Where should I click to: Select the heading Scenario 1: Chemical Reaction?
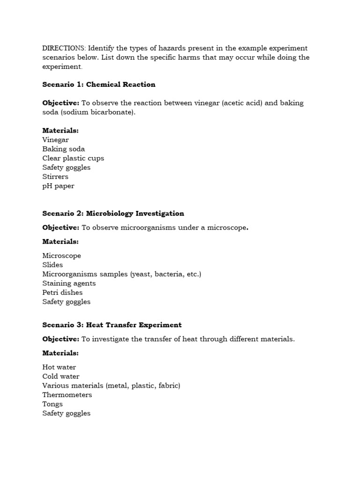98,85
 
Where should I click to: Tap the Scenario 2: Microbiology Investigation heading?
113,214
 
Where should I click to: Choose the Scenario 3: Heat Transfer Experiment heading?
112,325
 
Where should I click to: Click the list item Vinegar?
55,140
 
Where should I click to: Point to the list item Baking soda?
64,149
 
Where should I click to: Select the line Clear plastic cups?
73,158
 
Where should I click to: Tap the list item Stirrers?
55,177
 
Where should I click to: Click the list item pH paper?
58,186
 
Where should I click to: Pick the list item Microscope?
61,256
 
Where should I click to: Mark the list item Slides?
52,265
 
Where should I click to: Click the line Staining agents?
69,284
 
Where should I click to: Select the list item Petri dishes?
62,292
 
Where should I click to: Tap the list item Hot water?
59,367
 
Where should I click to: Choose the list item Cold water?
61,376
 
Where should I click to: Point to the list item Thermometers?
67,395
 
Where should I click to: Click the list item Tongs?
52,404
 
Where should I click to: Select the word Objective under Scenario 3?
60,339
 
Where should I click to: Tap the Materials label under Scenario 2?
60,241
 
